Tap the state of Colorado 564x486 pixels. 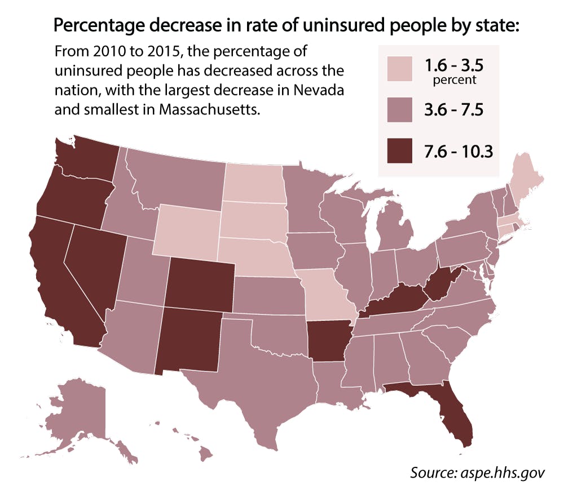click(x=200, y=285)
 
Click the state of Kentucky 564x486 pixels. click(x=395, y=301)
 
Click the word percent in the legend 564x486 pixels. click(x=455, y=80)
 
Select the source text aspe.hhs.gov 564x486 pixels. click(x=505, y=471)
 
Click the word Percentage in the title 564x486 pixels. click(x=96, y=26)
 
